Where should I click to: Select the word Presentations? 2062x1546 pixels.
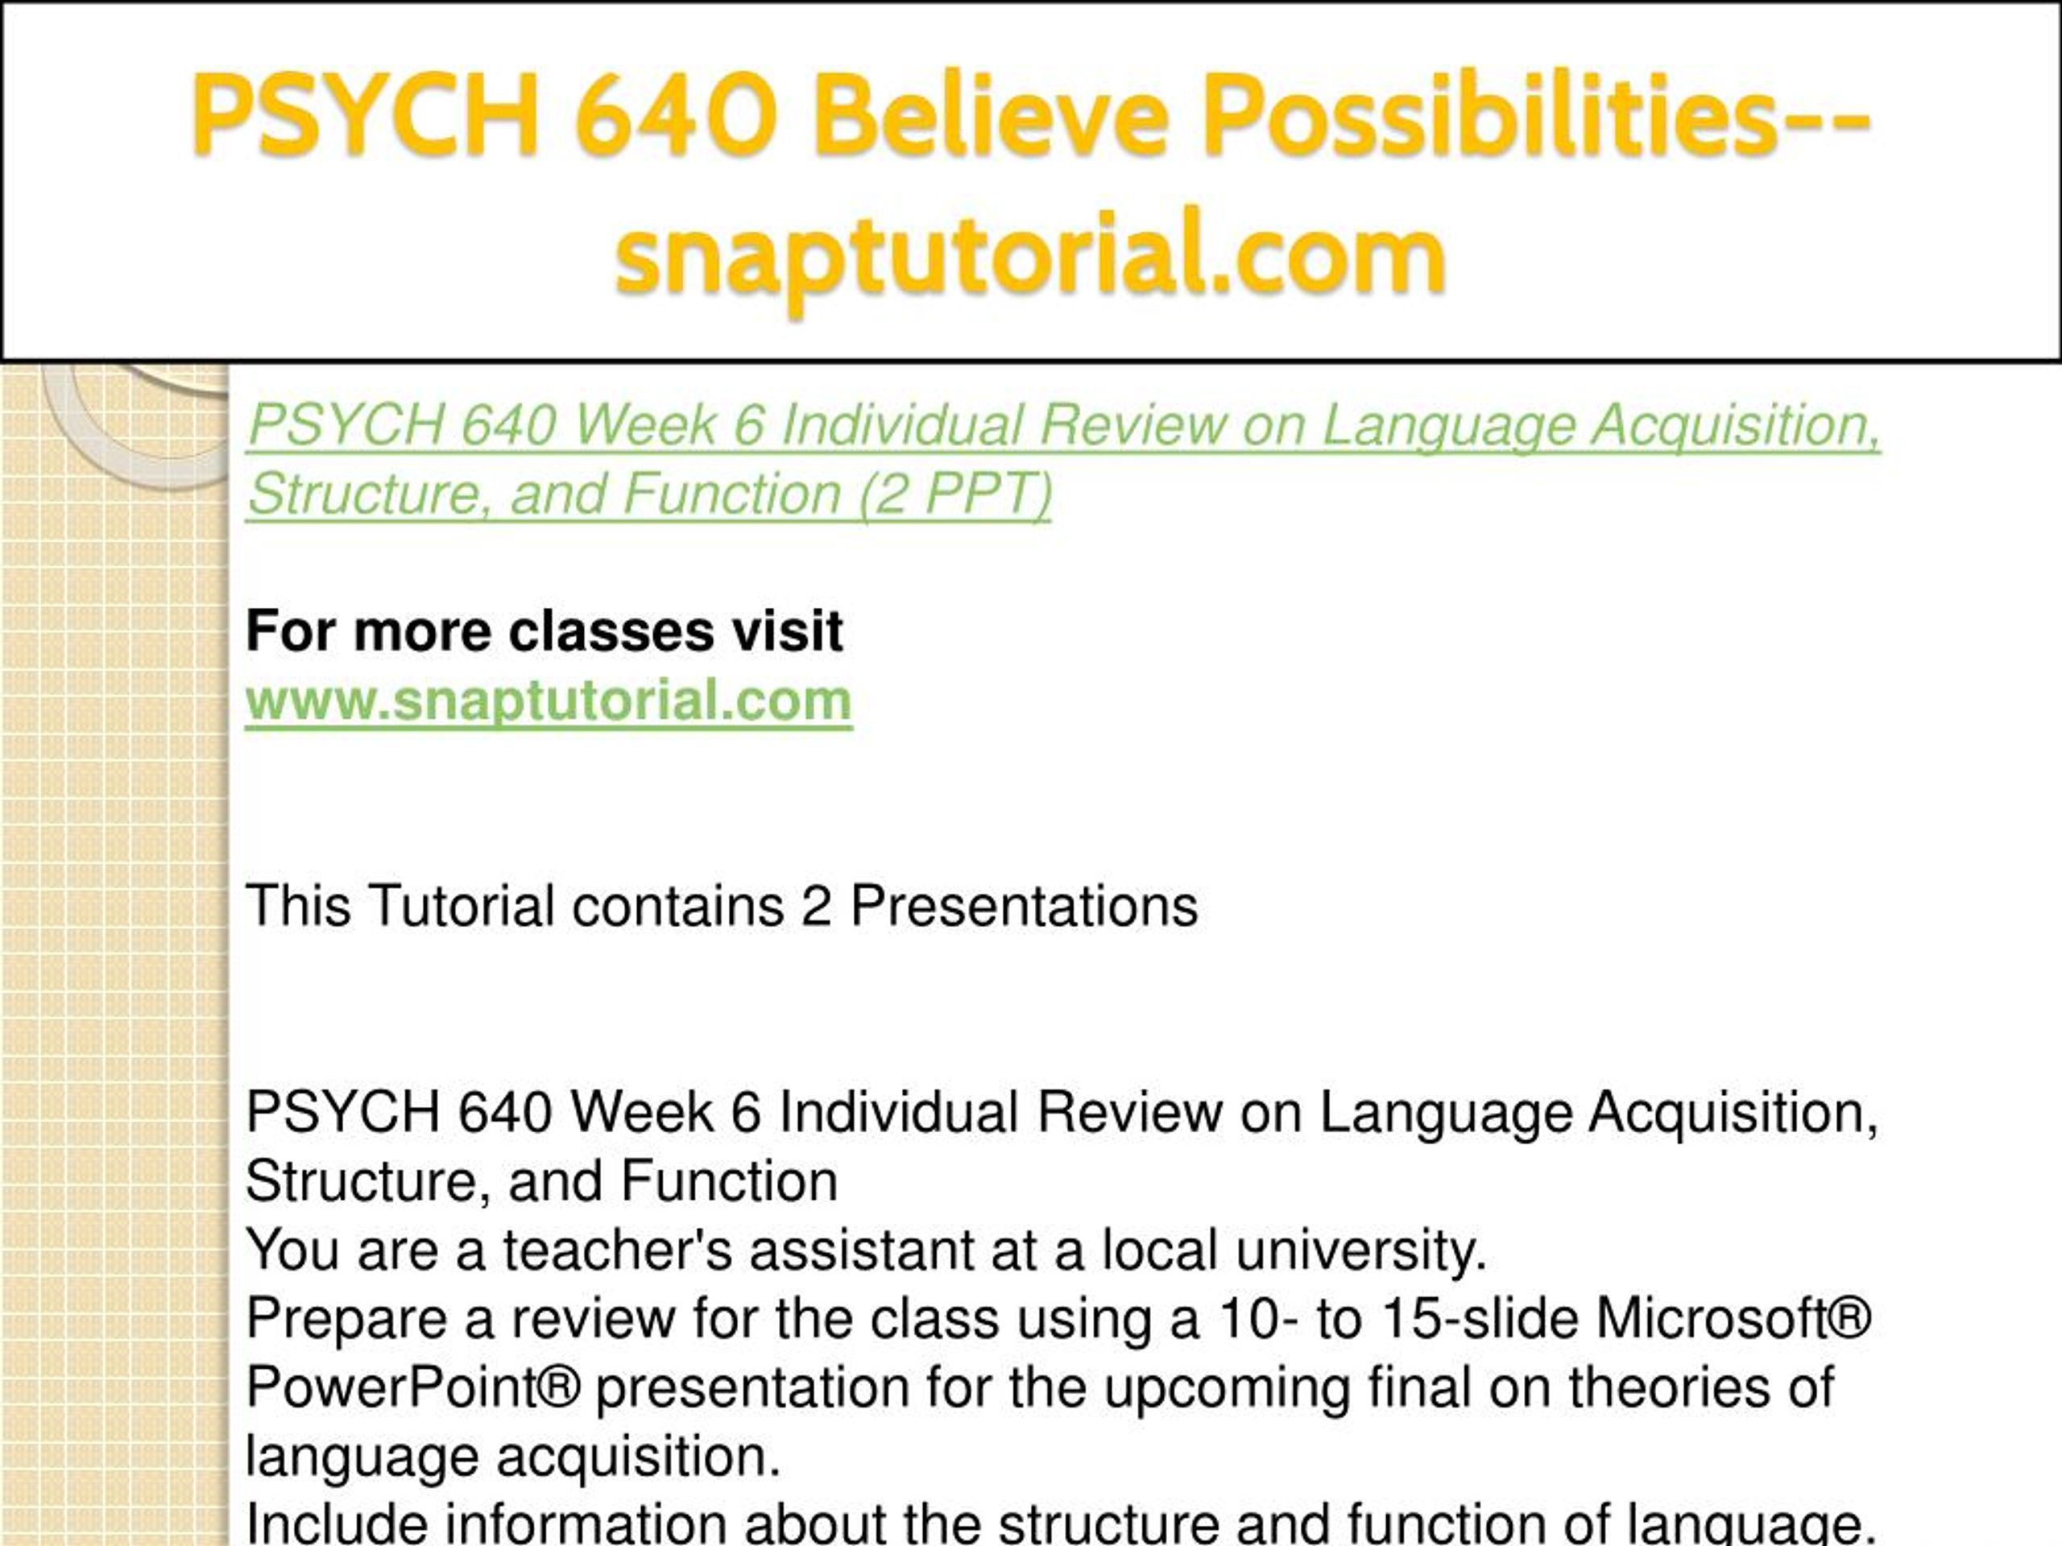[x=1024, y=905]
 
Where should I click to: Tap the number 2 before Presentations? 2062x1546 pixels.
[x=816, y=905]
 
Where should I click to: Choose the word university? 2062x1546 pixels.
[x=1361, y=1250]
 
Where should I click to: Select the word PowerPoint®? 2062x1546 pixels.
[x=413, y=1387]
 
